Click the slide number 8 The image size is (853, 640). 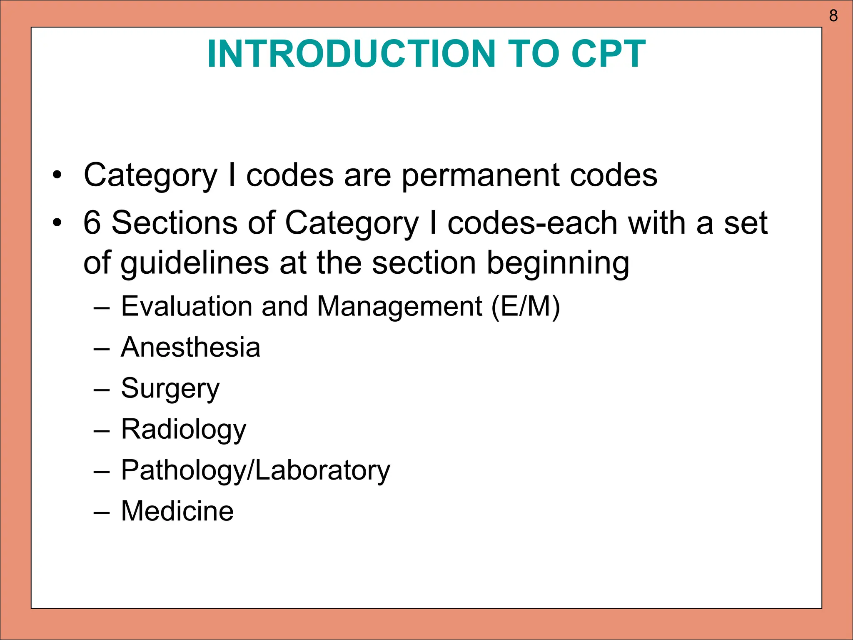(833, 16)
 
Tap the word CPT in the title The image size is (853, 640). (608, 54)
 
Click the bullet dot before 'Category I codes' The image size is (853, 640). (57, 175)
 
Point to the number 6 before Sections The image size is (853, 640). (92, 222)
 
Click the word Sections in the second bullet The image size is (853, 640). (175, 222)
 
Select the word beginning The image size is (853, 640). (558, 263)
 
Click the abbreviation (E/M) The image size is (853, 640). (526, 307)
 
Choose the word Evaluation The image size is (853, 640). (187, 307)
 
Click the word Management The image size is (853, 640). (399, 307)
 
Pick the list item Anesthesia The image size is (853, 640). (190, 347)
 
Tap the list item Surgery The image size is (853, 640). (170, 389)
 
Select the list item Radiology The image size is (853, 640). (183, 430)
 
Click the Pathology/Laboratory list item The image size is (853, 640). (255, 470)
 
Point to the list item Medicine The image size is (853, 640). (177, 511)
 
